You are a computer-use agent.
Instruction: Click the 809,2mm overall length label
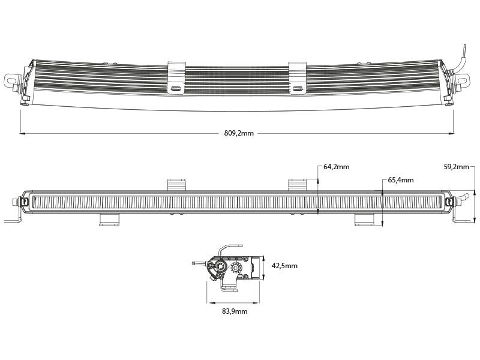(238, 133)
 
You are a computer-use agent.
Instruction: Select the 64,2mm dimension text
(336, 167)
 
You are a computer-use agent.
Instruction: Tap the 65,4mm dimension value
(401, 179)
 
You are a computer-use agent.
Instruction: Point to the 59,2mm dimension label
(456, 167)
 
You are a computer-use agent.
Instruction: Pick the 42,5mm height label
(284, 266)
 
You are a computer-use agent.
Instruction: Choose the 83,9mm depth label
(234, 311)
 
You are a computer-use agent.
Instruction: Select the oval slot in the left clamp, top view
(176, 88)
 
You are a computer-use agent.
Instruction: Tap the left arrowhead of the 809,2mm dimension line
(22, 133)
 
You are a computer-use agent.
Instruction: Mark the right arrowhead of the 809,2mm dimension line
(452, 133)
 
